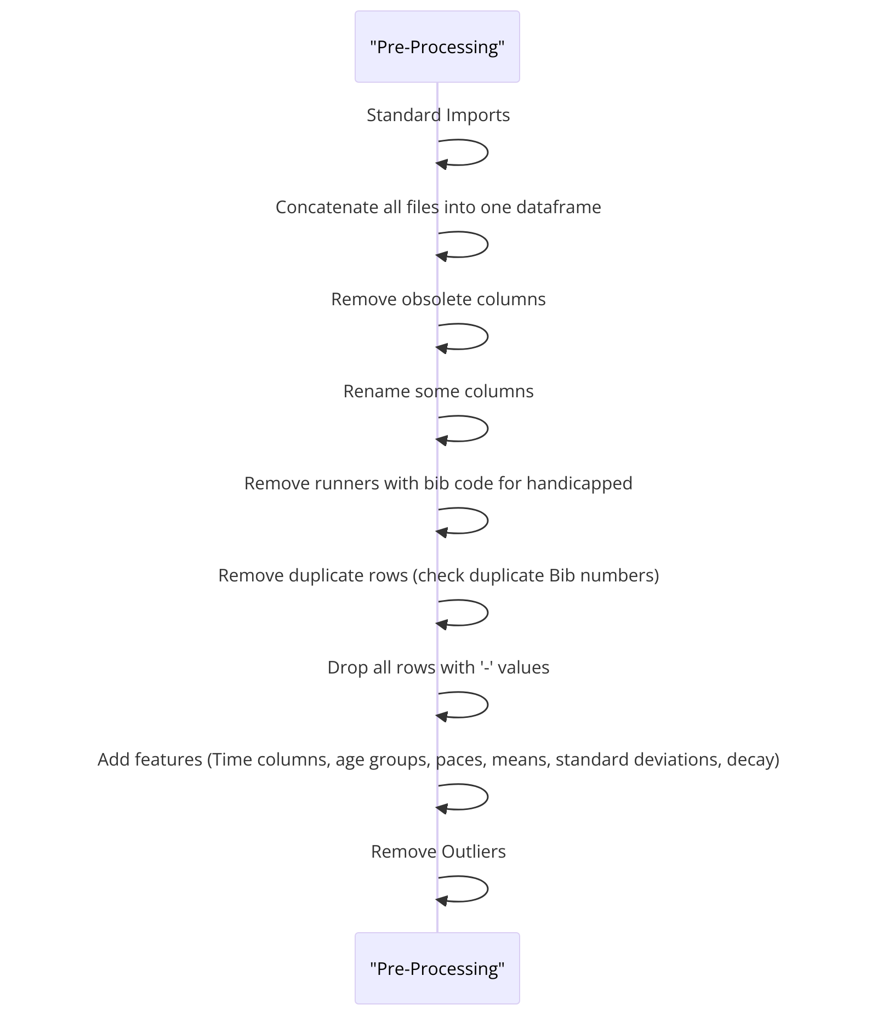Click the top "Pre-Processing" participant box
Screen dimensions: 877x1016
437,47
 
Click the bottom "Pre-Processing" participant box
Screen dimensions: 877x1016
437,968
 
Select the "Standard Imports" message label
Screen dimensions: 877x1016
438,115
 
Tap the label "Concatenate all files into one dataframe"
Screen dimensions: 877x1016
438,207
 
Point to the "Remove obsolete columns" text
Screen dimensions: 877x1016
438,299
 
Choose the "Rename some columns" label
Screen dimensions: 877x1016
438,391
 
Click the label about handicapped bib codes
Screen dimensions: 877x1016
438,483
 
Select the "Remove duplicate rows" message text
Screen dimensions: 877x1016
438,575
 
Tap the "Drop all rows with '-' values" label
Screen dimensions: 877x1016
438,667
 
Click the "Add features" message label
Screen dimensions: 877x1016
438,760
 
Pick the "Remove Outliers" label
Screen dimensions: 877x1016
438,852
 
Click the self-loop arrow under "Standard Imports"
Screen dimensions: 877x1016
487,152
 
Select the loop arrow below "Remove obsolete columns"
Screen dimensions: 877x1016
487,336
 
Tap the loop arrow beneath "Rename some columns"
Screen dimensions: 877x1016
487,429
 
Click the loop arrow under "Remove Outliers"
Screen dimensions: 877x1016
487,889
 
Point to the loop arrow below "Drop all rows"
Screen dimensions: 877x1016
487,705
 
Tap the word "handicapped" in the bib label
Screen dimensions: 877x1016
579,483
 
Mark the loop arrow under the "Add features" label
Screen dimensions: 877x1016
487,797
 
